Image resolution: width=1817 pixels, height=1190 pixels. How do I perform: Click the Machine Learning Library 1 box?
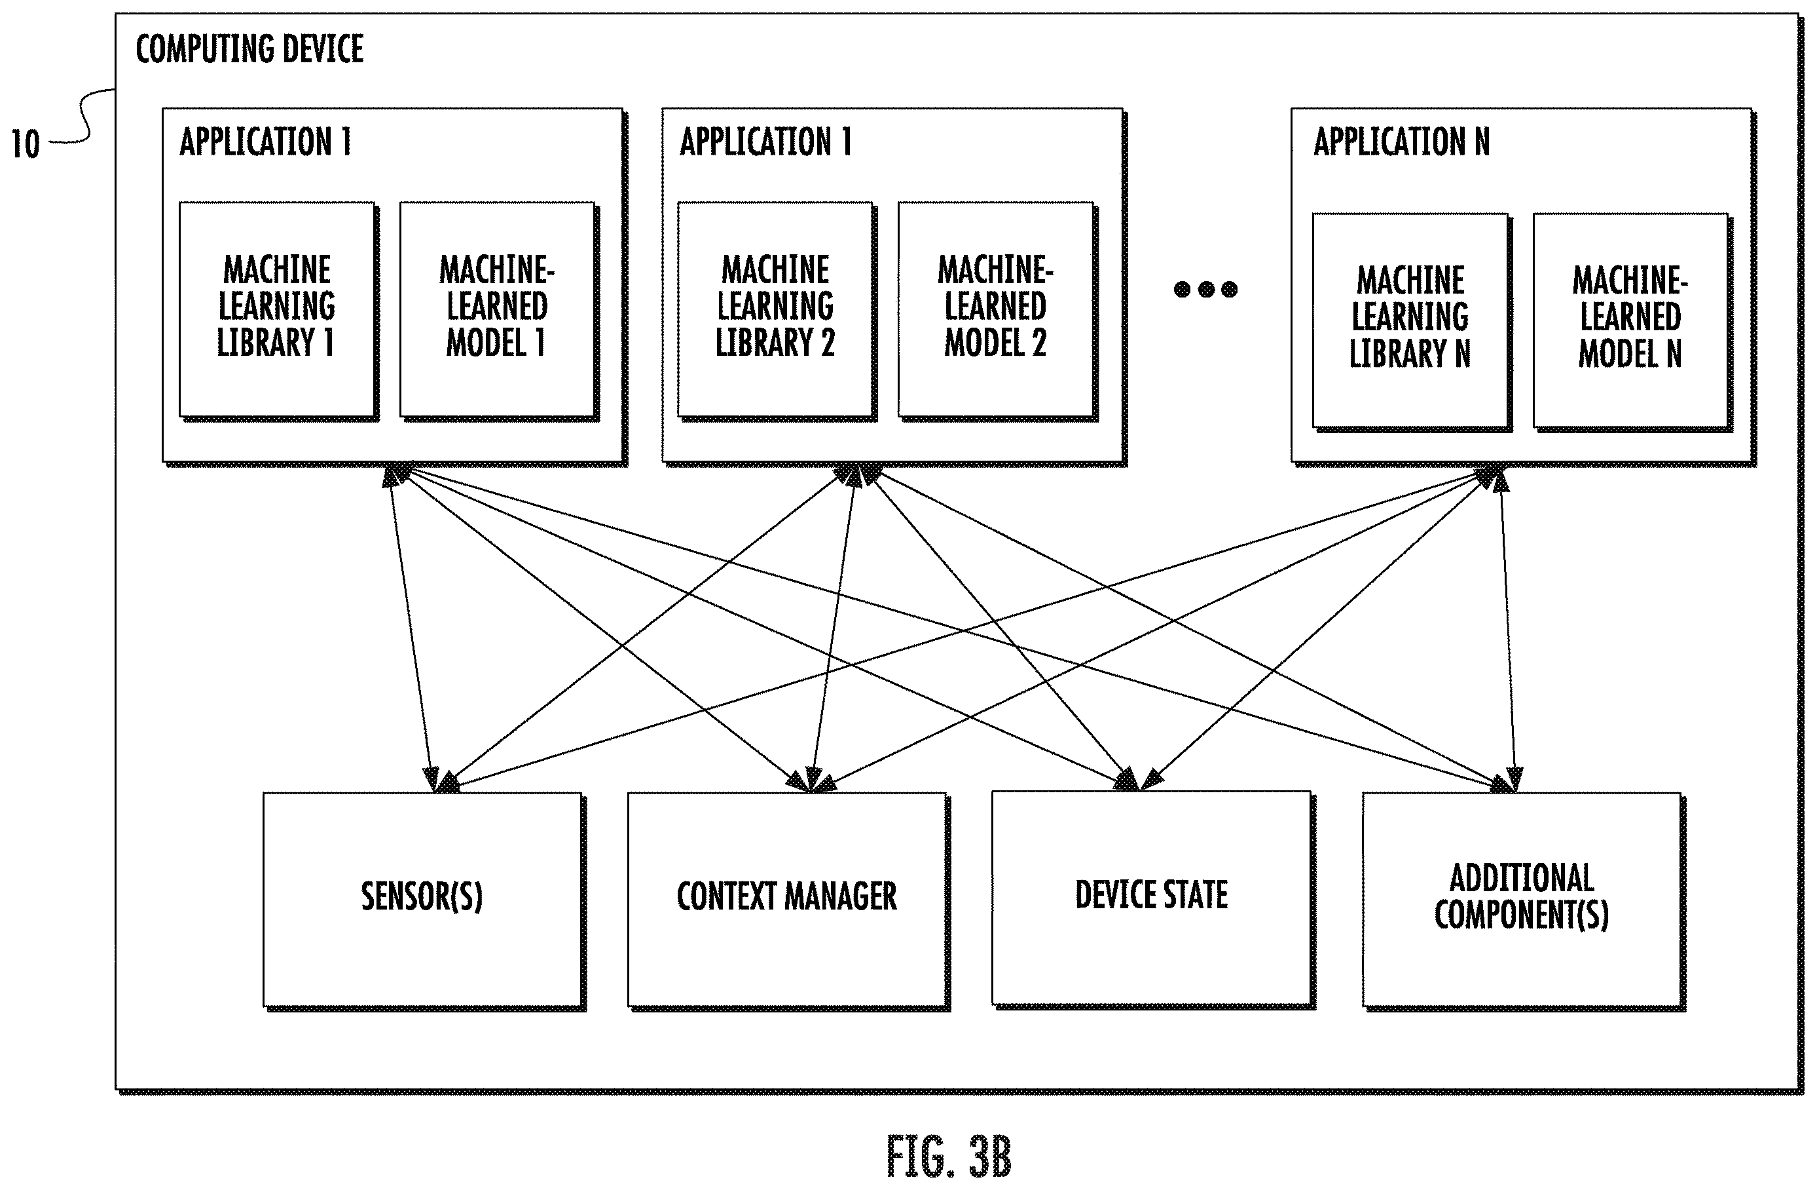(277, 309)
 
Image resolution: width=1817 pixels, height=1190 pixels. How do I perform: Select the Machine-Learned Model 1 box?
(498, 309)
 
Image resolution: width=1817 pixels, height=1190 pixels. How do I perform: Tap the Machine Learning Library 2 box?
(776, 309)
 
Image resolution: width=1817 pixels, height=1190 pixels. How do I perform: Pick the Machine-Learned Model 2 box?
(997, 309)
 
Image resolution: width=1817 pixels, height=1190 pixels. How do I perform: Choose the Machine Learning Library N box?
(1411, 321)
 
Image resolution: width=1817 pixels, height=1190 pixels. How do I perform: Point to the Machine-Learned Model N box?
(1632, 321)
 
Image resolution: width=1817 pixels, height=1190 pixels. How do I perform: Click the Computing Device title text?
(249, 49)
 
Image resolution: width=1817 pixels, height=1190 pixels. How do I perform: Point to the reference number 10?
(25, 144)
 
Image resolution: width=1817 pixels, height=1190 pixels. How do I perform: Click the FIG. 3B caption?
(949, 1157)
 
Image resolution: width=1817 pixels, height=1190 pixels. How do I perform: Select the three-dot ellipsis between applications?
(1205, 289)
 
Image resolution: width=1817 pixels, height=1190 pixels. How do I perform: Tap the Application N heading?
(1402, 142)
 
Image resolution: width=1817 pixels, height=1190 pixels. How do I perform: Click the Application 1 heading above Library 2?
(765, 142)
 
